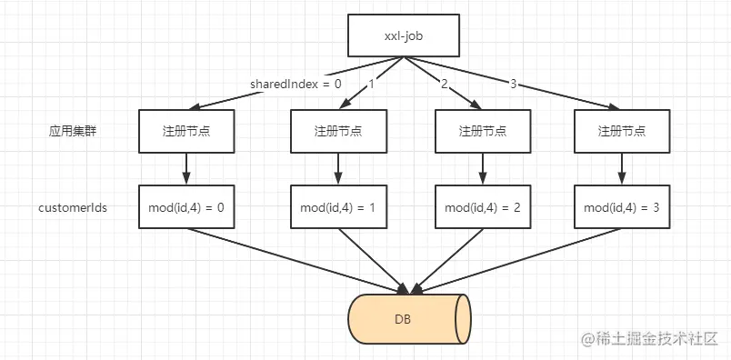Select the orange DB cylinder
pos(408,319)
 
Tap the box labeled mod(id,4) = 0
pos(186,207)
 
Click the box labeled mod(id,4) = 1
pos(337,207)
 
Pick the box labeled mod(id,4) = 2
pos(482,207)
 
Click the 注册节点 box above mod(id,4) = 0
pos(186,131)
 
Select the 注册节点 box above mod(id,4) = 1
pos(337,131)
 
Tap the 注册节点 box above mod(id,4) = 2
pos(482,131)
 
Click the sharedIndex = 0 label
pos(295,85)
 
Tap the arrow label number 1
pos(371,85)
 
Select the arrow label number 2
pos(444,85)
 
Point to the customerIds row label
pos(73,207)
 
